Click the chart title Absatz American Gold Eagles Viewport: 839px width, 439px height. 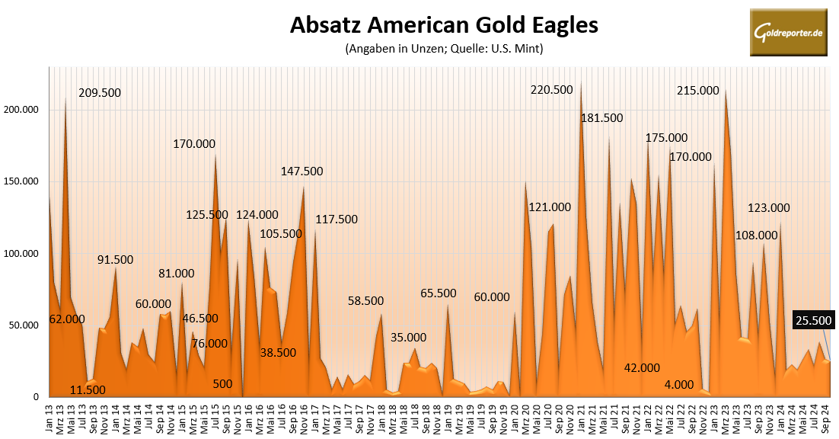(x=444, y=25)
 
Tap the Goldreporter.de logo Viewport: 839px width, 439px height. (x=788, y=33)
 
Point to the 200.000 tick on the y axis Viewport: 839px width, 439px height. (x=21, y=110)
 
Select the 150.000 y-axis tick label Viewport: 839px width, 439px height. (x=21, y=181)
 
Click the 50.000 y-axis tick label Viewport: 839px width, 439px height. (x=24, y=325)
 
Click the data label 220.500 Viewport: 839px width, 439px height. (x=551, y=90)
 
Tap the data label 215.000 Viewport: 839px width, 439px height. (x=697, y=91)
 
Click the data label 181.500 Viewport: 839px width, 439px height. (x=601, y=118)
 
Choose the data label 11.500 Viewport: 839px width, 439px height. (x=88, y=390)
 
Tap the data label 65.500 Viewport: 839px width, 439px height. (x=438, y=293)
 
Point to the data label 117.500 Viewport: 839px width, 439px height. (x=337, y=219)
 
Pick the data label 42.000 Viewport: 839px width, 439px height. (x=642, y=368)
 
